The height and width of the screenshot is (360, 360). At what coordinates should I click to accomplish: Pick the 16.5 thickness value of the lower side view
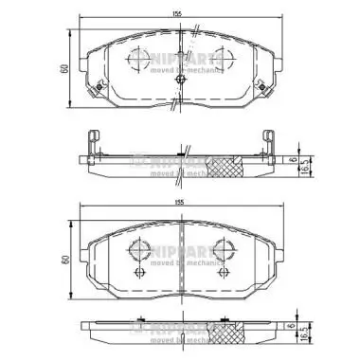click(313, 334)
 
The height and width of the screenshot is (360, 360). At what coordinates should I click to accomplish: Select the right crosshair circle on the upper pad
click(224, 56)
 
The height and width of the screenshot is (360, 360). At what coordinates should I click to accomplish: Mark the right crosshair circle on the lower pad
click(225, 251)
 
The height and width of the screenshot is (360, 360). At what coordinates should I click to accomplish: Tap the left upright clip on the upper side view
click(92, 141)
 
